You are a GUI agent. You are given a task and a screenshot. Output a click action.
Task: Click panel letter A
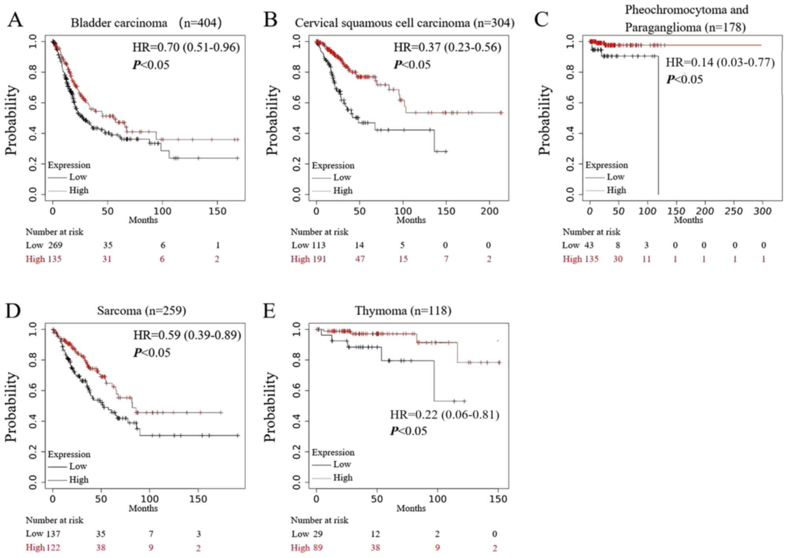point(15,20)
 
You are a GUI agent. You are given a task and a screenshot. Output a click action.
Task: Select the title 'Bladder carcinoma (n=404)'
point(146,23)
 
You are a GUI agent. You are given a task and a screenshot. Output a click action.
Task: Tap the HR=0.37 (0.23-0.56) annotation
point(447,48)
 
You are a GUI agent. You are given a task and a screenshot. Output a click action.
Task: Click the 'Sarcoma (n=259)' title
point(141,311)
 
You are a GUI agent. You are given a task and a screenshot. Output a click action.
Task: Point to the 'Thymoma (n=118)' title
point(403,311)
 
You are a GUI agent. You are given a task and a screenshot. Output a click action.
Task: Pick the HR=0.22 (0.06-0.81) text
point(444,415)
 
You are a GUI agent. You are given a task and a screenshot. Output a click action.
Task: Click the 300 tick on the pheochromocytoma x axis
point(762,211)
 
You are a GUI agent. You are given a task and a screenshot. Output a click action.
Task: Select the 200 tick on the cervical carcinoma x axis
point(489,211)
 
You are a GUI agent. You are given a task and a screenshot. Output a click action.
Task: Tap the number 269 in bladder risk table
point(55,246)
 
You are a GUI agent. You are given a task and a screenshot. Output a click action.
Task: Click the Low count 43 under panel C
point(589,246)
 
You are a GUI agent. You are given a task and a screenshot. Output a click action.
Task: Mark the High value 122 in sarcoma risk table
point(53,547)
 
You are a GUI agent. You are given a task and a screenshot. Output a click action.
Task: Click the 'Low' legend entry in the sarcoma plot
point(78,466)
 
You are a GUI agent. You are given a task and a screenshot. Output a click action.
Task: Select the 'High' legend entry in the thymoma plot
point(343,478)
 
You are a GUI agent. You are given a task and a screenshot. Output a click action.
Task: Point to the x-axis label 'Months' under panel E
point(411,508)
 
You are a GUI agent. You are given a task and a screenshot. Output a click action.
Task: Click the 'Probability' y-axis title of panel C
point(544,120)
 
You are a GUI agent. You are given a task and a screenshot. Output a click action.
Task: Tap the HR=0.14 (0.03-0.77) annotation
point(720,62)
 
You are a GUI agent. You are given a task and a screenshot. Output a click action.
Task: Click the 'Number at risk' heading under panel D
point(55,520)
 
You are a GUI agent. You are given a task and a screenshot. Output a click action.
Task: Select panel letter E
point(269,311)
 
